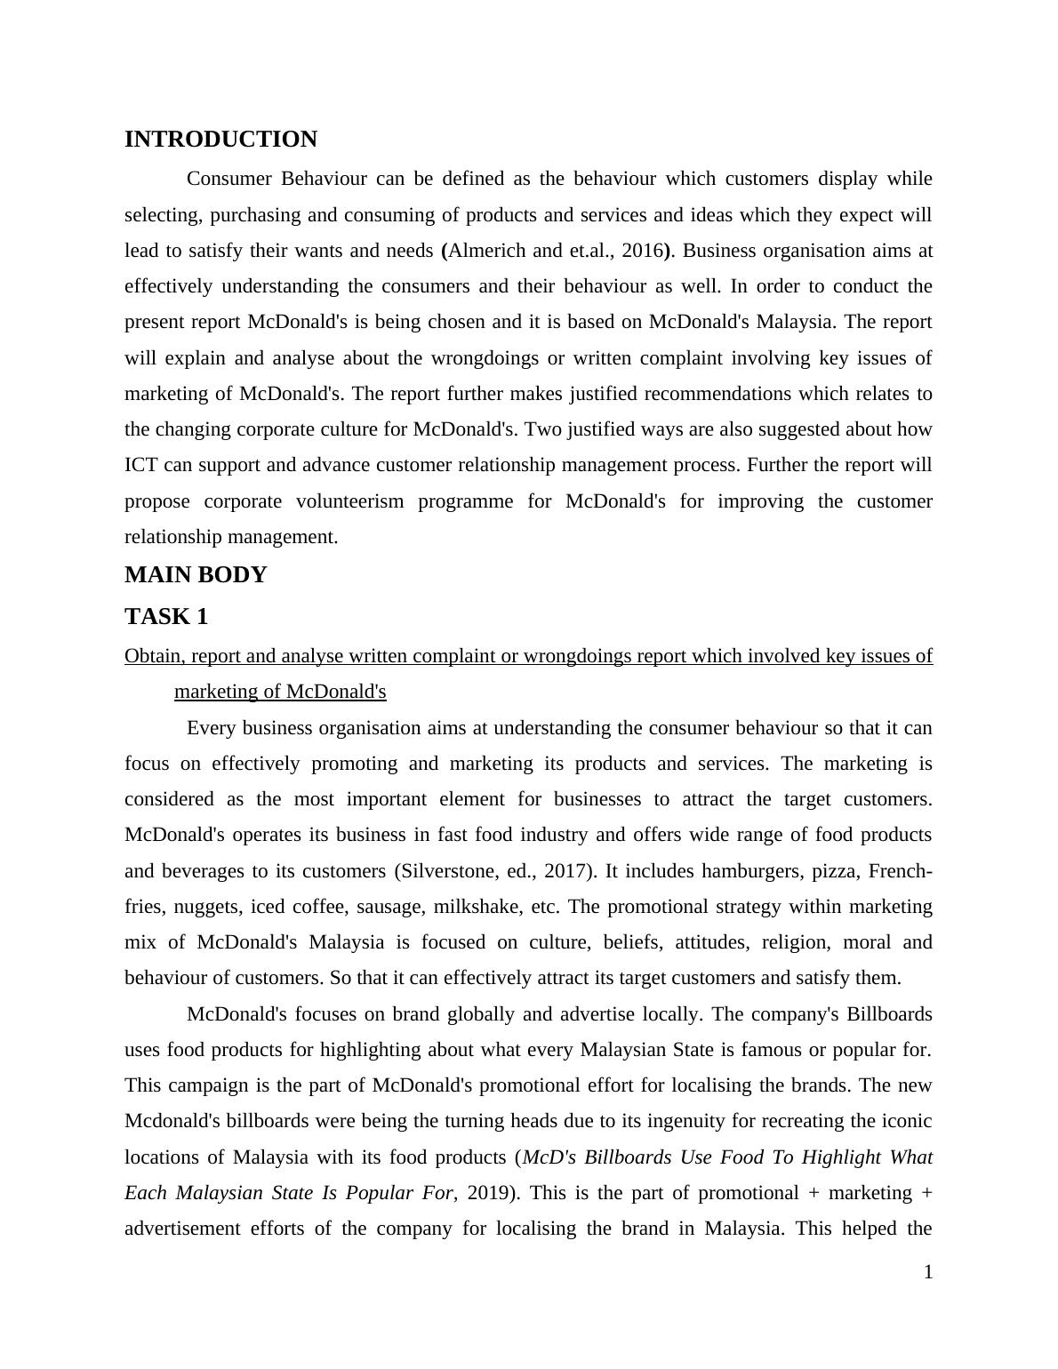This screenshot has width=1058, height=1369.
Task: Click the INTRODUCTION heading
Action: point(220,140)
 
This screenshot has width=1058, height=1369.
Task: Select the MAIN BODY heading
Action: point(196,575)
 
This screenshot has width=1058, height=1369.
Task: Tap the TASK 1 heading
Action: point(166,616)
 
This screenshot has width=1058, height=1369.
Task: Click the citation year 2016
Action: point(642,251)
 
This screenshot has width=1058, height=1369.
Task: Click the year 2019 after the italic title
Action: point(485,1193)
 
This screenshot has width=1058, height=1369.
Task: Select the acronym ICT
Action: point(140,465)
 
